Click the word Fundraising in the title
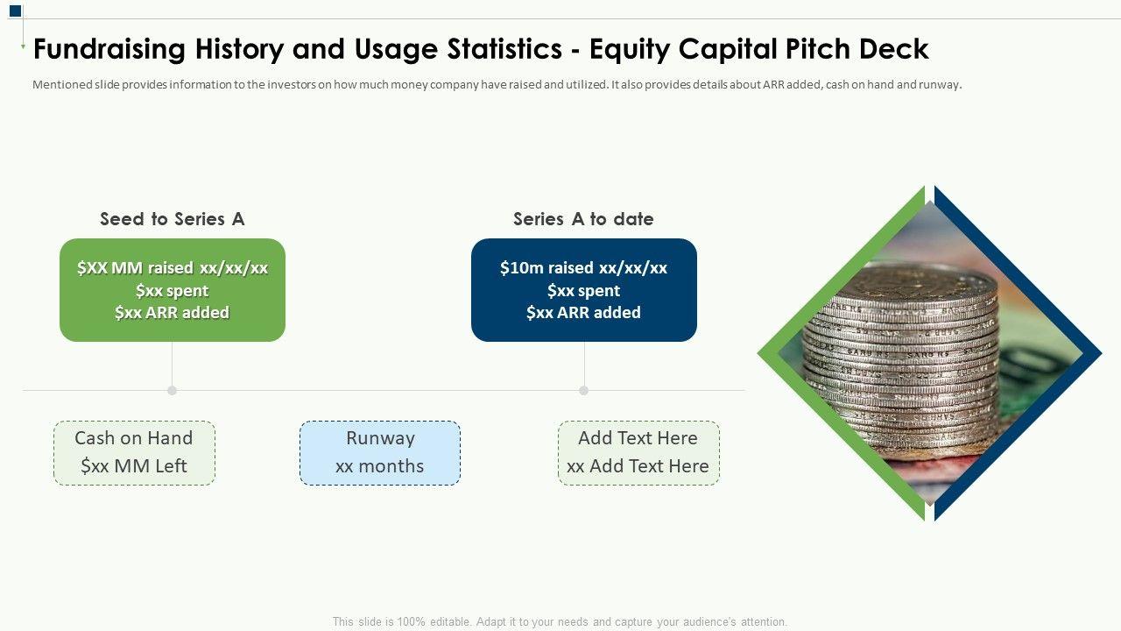click(x=109, y=50)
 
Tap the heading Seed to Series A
click(x=173, y=219)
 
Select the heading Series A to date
click(x=583, y=219)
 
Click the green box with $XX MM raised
click(x=173, y=290)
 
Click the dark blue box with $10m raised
click(x=583, y=290)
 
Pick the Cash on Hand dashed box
click(x=134, y=453)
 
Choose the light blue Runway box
click(x=380, y=453)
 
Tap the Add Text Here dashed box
click(x=638, y=453)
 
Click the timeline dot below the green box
click(x=173, y=390)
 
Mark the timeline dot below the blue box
click(x=583, y=390)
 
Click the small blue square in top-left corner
click(x=16, y=11)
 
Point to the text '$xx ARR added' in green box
click(x=173, y=313)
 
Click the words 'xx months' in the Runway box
click(x=380, y=466)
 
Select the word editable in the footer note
click(x=450, y=622)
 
